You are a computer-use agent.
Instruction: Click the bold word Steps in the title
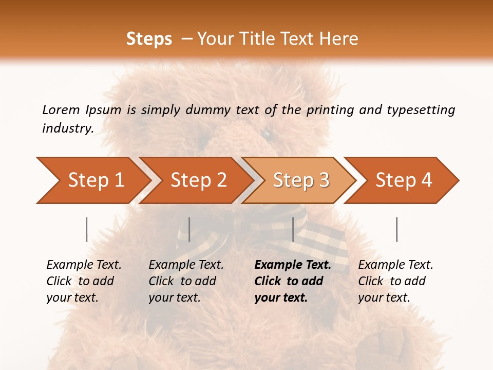click(x=149, y=39)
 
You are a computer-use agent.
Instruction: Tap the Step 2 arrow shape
click(x=195, y=180)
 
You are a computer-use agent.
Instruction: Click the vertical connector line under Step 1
click(x=86, y=229)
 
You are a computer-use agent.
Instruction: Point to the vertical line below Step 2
click(x=189, y=229)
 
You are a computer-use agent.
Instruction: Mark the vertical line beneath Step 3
click(x=293, y=229)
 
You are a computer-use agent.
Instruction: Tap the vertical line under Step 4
click(x=396, y=229)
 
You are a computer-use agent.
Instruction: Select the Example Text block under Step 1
click(x=84, y=281)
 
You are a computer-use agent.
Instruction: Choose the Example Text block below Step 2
click(x=186, y=281)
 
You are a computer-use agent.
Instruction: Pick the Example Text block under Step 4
click(x=395, y=281)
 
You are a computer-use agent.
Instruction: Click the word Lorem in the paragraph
click(x=61, y=109)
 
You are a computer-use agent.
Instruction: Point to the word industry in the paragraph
click(x=67, y=128)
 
